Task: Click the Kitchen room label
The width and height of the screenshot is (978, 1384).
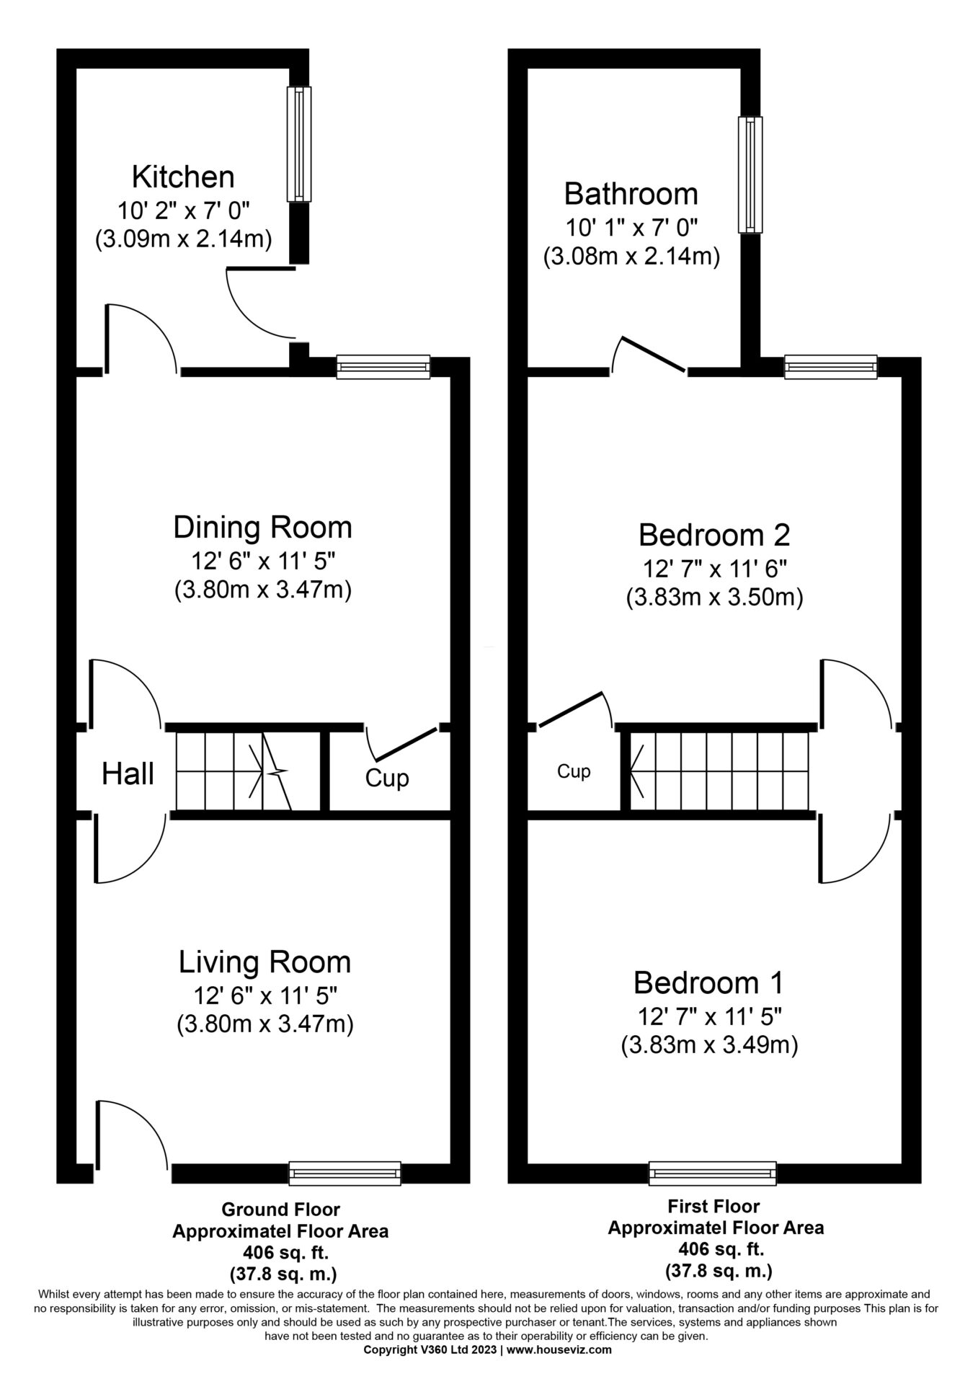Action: [183, 177]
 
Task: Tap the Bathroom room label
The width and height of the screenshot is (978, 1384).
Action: [631, 194]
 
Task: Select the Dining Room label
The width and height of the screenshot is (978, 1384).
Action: [262, 528]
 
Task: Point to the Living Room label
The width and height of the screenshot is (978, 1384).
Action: [264, 962]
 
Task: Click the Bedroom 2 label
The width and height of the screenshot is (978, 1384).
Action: [714, 535]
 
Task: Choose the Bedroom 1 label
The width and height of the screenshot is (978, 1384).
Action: [708, 982]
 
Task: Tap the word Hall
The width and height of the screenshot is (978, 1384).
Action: [128, 774]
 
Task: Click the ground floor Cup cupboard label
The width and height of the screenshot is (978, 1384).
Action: [387, 779]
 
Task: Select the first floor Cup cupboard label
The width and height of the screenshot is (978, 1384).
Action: [574, 772]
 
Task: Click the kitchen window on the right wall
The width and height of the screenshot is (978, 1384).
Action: [300, 144]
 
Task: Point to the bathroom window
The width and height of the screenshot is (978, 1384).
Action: [750, 175]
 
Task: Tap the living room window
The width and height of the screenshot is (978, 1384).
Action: [344, 1173]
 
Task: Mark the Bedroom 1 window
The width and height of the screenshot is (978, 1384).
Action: [712, 1173]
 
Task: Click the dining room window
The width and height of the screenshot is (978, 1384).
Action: [383, 367]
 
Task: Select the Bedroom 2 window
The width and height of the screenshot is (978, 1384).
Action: [831, 367]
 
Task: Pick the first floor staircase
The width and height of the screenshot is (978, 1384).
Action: [719, 772]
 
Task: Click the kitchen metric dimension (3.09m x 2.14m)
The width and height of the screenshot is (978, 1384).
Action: [183, 239]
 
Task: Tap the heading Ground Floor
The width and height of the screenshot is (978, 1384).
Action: [280, 1209]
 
